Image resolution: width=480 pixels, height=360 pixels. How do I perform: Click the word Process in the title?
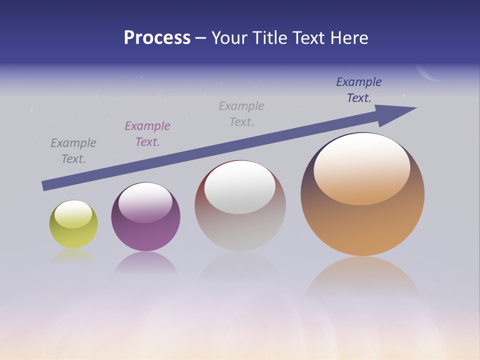[157, 38]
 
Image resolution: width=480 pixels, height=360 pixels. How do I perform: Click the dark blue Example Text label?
[358, 90]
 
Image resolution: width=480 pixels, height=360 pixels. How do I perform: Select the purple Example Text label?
[147, 134]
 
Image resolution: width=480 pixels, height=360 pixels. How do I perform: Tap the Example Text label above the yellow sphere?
[73, 151]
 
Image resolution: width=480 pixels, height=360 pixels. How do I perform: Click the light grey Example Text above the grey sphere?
[241, 114]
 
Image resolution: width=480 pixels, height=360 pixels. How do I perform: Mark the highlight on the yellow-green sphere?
[73, 214]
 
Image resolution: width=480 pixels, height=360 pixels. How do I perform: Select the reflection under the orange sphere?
[362, 277]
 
